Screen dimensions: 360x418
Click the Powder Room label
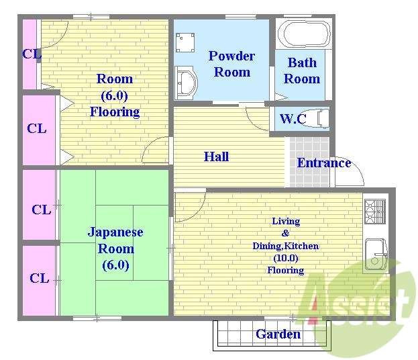(x=231, y=64)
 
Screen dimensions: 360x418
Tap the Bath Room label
(x=302, y=71)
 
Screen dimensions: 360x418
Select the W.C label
(x=293, y=120)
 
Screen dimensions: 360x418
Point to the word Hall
(x=216, y=157)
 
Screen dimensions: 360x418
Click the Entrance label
(x=324, y=163)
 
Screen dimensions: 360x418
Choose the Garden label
(x=278, y=334)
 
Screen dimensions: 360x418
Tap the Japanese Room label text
(x=115, y=240)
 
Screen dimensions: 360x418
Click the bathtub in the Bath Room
(x=304, y=33)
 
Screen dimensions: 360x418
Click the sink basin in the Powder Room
(x=186, y=83)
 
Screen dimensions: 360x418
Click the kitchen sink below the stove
(x=374, y=255)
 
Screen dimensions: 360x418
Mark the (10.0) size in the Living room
(x=286, y=258)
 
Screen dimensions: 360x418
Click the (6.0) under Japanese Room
(x=115, y=265)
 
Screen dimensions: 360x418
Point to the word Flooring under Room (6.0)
(x=115, y=111)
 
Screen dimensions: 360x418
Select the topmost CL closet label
(x=32, y=54)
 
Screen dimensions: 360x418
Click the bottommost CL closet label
(x=39, y=278)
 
